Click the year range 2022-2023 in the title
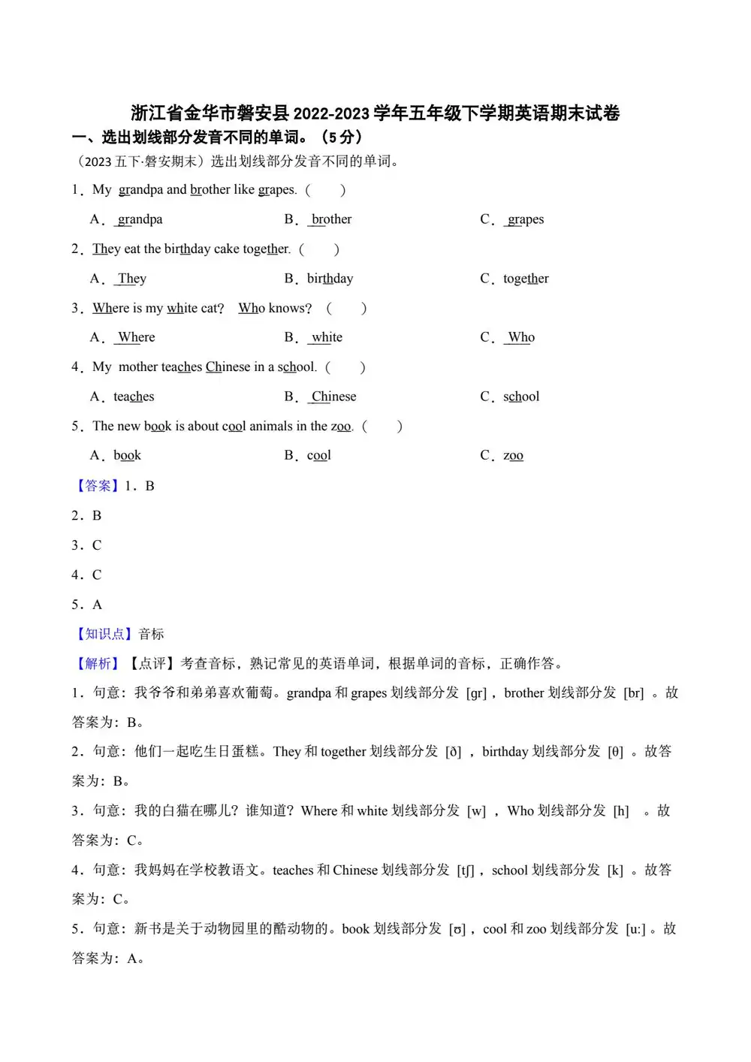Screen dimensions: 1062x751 click(330, 113)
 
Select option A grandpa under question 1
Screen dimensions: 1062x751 click(140, 219)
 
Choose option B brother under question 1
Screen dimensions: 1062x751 click(331, 219)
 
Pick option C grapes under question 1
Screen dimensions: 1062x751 click(525, 219)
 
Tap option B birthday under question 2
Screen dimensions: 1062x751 click(330, 279)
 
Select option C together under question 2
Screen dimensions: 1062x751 click(526, 279)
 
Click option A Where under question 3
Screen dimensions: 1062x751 click(136, 337)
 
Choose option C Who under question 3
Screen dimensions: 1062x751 click(520, 337)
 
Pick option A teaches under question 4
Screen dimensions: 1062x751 click(134, 397)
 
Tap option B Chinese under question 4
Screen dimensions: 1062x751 click(333, 397)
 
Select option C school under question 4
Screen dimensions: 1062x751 click(521, 397)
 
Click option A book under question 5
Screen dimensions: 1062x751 click(127, 455)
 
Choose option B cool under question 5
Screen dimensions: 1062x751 click(318, 455)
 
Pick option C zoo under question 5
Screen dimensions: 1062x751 click(513, 455)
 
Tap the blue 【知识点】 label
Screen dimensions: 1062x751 click(104, 634)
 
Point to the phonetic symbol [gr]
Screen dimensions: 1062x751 click(477, 693)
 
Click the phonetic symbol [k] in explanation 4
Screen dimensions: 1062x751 click(615, 870)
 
